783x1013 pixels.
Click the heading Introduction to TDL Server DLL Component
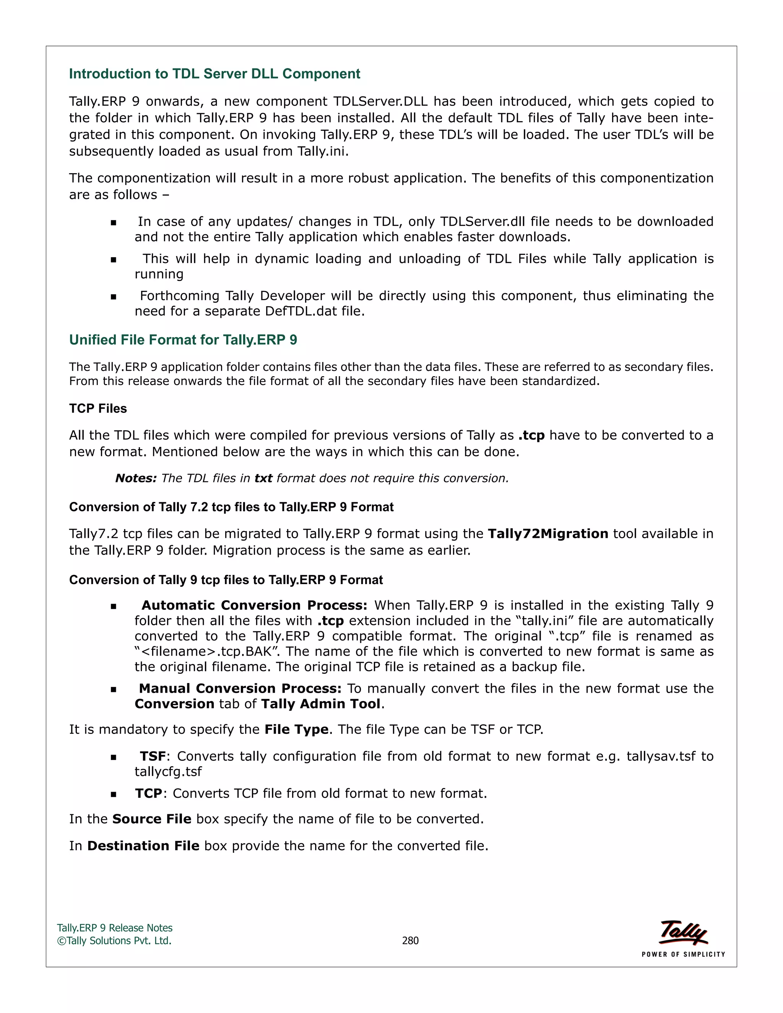click(x=214, y=74)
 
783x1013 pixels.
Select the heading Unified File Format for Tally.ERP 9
click(x=183, y=340)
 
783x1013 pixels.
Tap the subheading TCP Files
click(x=98, y=409)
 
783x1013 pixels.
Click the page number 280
click(x=410, y=941)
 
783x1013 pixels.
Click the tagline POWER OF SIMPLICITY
click(x=683, y=955)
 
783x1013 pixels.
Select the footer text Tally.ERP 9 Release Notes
click(x=115, y=928)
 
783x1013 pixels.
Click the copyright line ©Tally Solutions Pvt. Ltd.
click(x=114, y=941)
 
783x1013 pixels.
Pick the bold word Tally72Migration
click(x=548, y=534)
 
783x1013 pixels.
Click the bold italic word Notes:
click(x=136, y=478)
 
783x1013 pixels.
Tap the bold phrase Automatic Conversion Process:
click(x=254, y=605)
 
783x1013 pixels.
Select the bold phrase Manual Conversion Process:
click(x=240, y=688)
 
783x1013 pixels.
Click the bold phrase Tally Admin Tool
click(x=320, y=704)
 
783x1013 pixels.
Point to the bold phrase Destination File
click(x=143, y=846)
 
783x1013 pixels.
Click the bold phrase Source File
click(x=152, y=819)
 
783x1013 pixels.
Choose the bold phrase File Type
click(x=296, y=730)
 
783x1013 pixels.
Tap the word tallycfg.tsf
click(x=168, y=772)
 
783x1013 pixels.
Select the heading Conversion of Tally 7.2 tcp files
click(x=231, y=507)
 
